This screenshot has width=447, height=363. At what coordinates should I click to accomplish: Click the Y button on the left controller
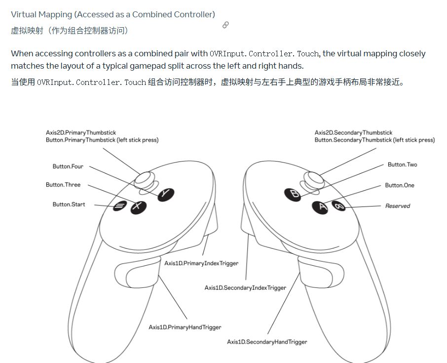[166, 194]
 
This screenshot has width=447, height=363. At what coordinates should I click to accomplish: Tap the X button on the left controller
[138, 207]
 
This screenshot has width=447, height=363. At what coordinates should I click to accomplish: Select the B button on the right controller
[293, 194]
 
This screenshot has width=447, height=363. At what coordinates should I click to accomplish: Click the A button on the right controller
[321, 207]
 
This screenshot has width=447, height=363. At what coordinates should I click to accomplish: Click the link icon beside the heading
[225, 25]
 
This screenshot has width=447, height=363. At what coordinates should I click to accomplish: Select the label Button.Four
[68, 166]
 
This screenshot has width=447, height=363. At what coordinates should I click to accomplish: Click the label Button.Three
[63, 185]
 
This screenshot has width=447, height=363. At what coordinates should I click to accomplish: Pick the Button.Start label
[69, 204]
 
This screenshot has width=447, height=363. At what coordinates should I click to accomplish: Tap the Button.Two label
[402, 164]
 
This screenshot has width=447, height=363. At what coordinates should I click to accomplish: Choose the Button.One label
[400, 185]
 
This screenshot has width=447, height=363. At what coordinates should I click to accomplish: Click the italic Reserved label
[398, 206]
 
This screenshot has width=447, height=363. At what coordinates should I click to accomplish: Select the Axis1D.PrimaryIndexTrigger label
[201, 263]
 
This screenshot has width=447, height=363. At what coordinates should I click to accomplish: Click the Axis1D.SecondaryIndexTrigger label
[245, 288]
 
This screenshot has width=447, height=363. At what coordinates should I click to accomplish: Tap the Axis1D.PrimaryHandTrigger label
[185, 327]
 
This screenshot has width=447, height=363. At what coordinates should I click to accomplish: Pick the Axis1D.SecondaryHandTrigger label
[267, 342]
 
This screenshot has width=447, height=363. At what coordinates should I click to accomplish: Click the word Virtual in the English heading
[24, 15]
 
